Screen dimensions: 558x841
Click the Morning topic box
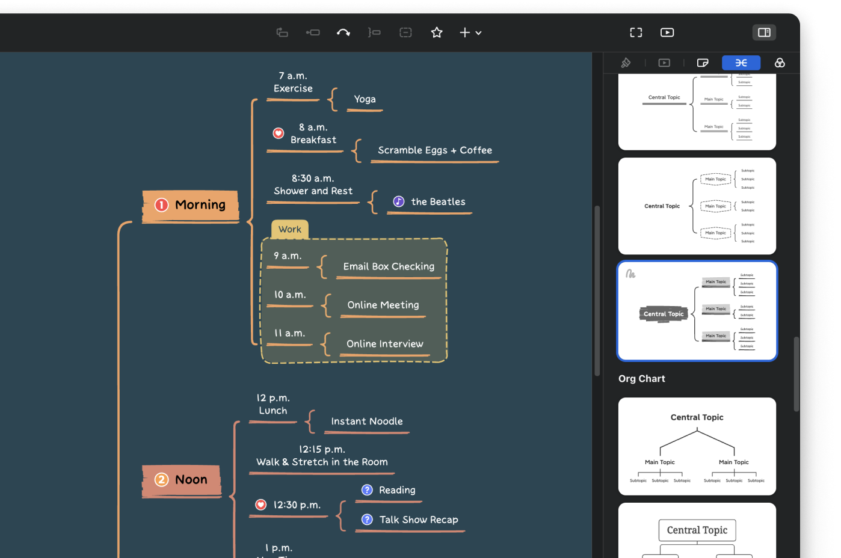pos(191,206)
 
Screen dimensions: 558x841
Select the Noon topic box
pos(182,480)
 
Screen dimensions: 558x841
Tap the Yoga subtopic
pos(365,99)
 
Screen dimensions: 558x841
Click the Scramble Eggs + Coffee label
pos(434,150)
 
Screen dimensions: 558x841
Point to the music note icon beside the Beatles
pos(399,201)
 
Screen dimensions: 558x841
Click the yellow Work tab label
pos(290,229)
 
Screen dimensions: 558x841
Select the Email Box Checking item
pos(389,266)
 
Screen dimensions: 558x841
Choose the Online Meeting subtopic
pos(383,305)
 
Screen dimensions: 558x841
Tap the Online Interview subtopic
pos(384,344)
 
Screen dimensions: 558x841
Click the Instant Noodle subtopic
pos(366,422)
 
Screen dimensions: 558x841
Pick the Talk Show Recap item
pos(418,520)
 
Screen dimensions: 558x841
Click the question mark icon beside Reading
pos(367,490)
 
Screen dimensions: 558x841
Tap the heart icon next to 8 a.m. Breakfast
pos(279,133)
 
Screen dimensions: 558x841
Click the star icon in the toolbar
pos(437,32)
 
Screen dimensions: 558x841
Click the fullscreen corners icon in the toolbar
pos(636,32)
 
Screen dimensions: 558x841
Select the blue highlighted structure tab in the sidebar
pos(741,63)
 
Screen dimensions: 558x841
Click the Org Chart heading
pos(641,379)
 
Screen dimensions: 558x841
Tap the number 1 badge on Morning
pos(162,205)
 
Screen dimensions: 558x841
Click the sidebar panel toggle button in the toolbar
pos(764,32)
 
